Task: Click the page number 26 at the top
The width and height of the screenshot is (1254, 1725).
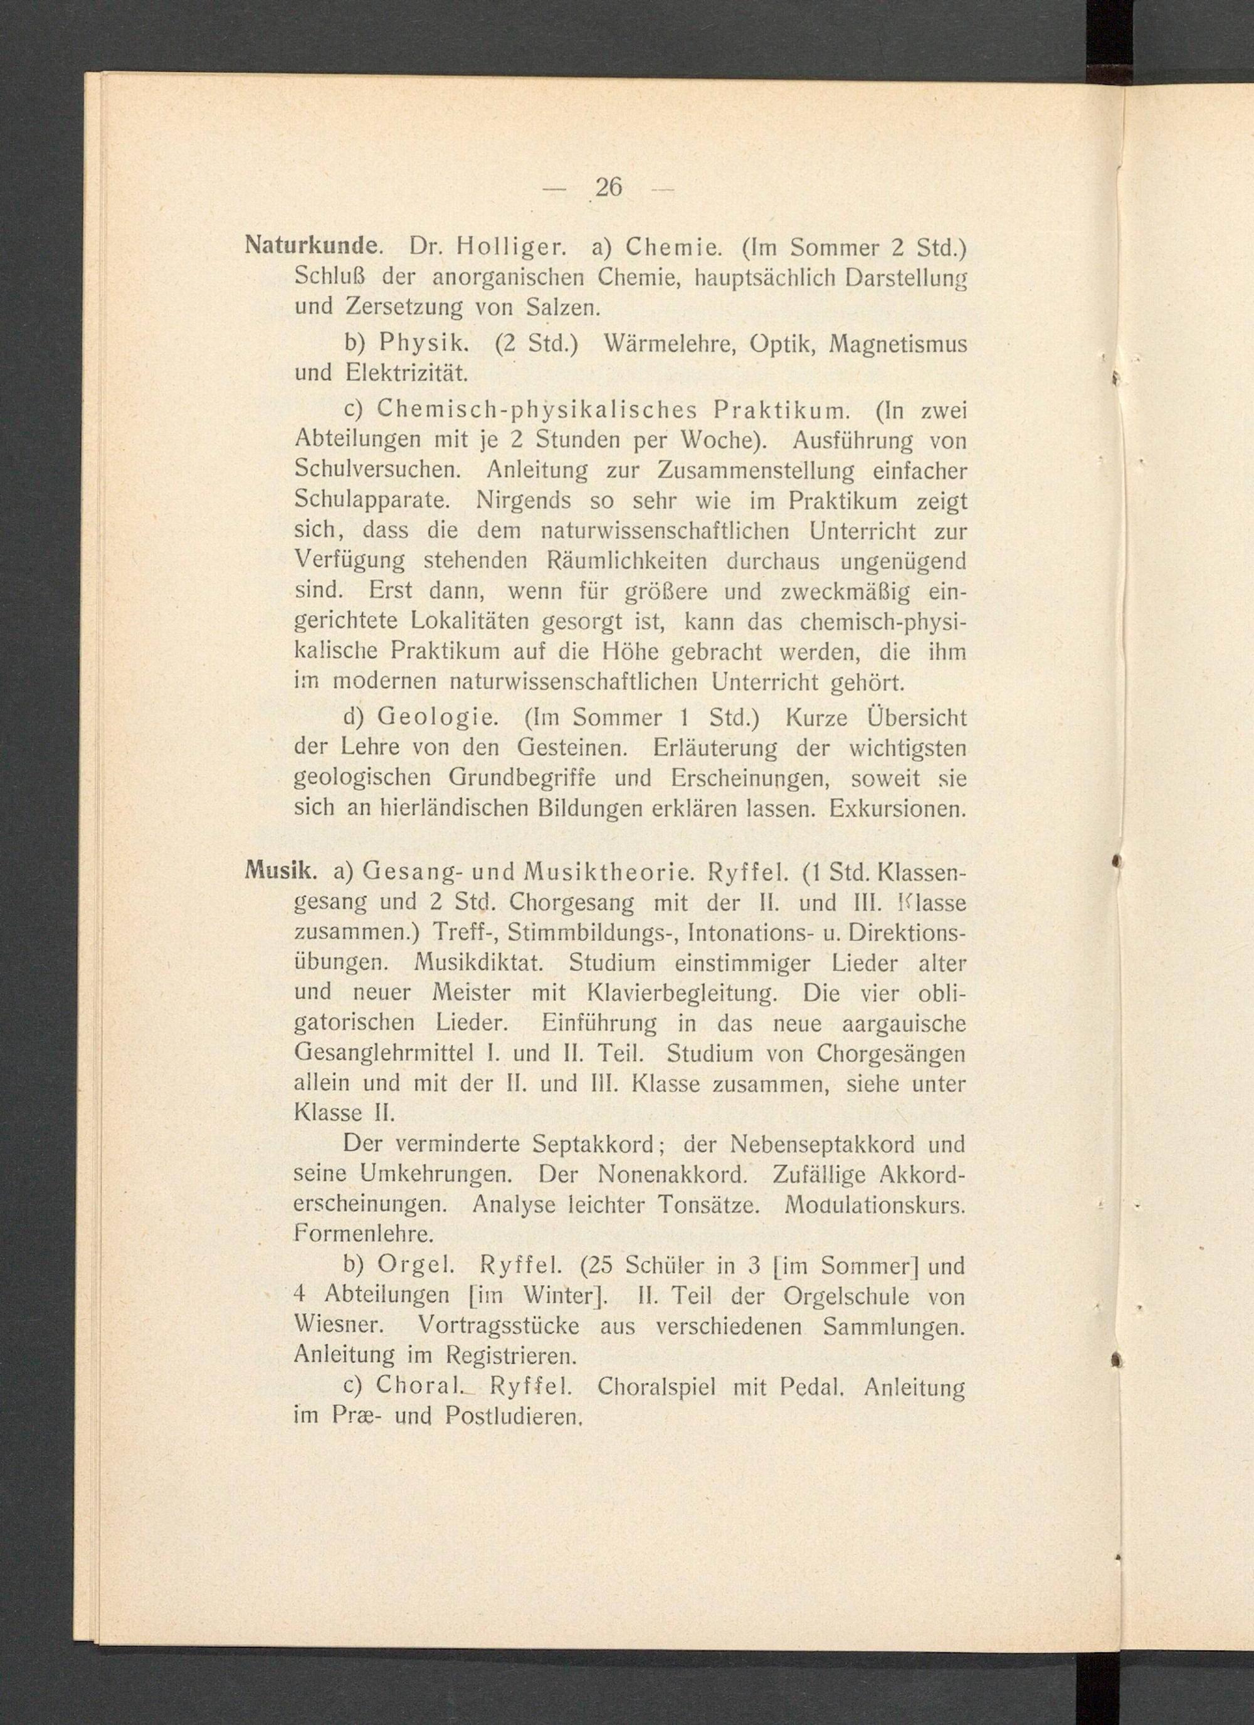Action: (608, 187)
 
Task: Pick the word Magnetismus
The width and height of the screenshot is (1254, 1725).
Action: (897, 344)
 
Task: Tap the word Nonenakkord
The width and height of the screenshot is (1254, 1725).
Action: (672, 1174)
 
